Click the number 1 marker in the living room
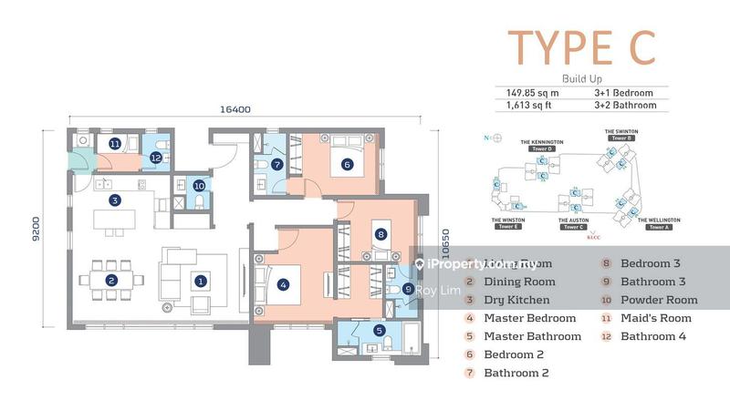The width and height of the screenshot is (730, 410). (x=200, y=281)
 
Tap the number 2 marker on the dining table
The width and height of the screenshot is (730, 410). (x=110, y=281)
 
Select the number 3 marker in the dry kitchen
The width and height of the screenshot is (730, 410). (x=114, y=200)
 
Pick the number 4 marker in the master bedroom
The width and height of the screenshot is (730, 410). (x=283, y=284)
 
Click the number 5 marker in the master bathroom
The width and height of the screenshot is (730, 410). (x=379, y=331)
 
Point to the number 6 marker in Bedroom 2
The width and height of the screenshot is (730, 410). (x=347, y=165)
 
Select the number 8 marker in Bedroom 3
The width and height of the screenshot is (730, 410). (x=381, y=234)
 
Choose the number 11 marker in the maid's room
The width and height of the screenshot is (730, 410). (x=115, y=144)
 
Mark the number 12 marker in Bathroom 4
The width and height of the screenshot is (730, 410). (x=156, y=158)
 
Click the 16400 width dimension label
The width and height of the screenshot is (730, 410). (x=235, y=109)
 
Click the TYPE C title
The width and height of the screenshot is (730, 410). (x=581, y=47)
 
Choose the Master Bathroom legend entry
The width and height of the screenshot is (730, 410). (x=531, y=336)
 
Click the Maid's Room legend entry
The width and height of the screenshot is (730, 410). (x=655, y=318)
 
